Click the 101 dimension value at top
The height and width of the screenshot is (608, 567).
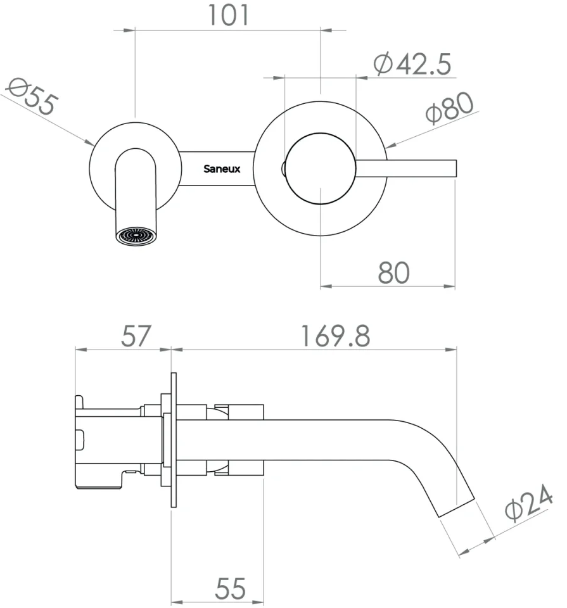[229, 15]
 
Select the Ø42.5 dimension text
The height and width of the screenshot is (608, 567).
[412, 64]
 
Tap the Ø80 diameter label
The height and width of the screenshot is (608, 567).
[450, 109]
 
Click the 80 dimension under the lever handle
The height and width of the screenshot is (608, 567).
[394, 272]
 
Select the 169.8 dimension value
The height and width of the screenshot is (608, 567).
[335, 336]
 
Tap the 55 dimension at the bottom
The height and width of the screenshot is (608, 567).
[230, 589]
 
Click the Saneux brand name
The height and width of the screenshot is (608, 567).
[222, 169]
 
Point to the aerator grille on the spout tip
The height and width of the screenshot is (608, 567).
[136, 236]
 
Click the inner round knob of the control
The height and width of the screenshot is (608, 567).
[321, 169]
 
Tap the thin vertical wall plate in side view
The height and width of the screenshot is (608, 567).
[173, 440]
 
